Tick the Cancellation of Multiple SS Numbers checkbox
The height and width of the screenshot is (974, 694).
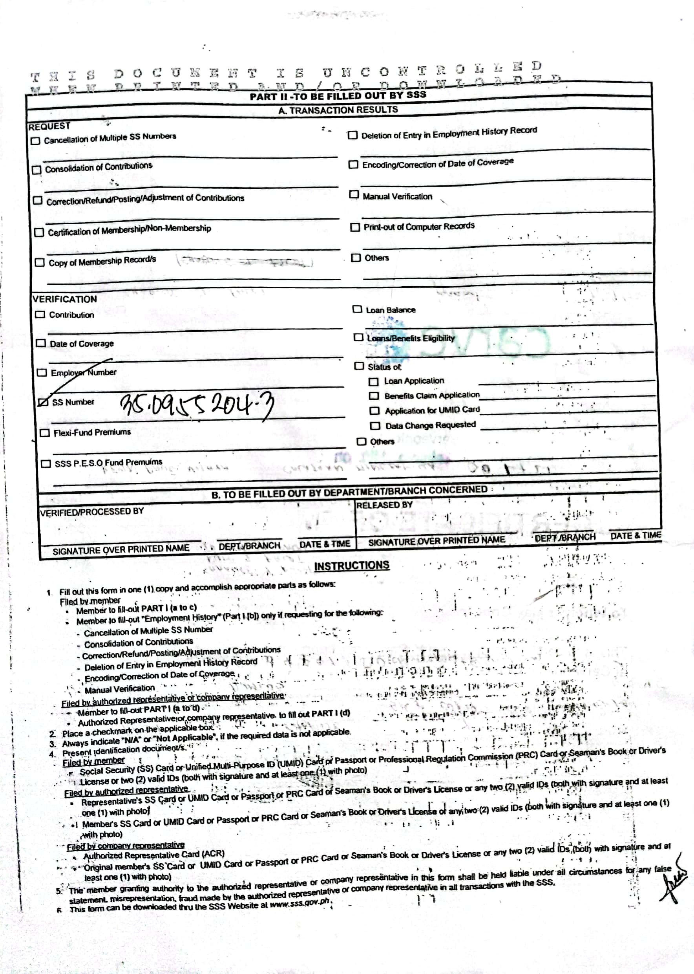tap(35, 141)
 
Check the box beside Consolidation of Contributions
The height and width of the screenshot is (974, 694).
tap(37, 170)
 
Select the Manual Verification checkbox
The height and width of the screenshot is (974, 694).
tap(353, 194)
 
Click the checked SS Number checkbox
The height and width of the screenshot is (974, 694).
tap(43, 402)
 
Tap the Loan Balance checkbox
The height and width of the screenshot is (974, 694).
tap(357, 309)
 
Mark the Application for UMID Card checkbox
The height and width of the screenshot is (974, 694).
tap(374, 410)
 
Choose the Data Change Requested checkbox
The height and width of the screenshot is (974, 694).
tap(375, 426)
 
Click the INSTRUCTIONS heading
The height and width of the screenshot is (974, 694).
tap(351, 565)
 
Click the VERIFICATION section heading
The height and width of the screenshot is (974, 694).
tap(64, 299)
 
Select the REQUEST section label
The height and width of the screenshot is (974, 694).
tap(49, 126)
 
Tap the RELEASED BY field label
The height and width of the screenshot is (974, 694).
tap(384, 505)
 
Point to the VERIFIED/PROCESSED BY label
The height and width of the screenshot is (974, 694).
tap(91, 511)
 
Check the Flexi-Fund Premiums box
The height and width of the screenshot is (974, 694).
tap(44, 433)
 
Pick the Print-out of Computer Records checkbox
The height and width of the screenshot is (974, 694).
tap(355, 227)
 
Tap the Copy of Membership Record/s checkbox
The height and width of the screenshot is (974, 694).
tap(39, 262)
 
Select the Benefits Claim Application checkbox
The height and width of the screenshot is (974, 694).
tap(374, 396)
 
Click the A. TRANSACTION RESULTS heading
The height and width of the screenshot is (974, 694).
tap(338, 110)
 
